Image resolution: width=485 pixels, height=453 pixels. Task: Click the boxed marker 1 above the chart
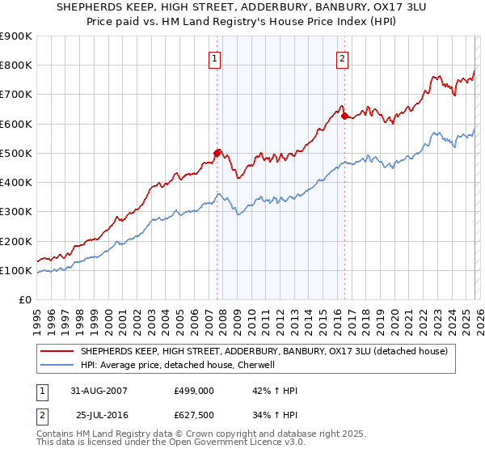(215, 57)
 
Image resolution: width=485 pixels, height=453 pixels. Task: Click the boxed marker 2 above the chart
(343, 57)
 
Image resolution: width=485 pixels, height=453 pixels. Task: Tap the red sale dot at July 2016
(344, 116)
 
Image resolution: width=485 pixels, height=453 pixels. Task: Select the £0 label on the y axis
(24, 299)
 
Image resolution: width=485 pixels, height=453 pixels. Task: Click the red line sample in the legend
(59, 351)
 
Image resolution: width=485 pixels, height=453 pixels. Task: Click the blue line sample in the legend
(59, 365)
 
